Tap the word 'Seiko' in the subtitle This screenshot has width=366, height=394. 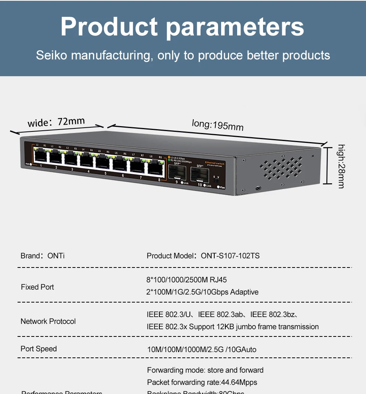click(51, 55)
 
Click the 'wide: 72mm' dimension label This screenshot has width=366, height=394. click(56, 122)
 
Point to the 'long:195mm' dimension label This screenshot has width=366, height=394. click(217, 124)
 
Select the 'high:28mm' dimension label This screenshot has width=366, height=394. click(341, 166)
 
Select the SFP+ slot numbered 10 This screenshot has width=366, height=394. click(199, 176)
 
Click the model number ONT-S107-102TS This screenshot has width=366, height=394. click(230, 256)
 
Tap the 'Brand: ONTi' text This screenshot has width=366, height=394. click(43, 256)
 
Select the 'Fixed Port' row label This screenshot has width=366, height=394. click(37, 287)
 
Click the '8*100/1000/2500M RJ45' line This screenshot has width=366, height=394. click(187, 280)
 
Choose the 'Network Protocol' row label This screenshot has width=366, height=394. click(48, 321)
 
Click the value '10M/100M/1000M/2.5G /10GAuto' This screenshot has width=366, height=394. click(202, 349)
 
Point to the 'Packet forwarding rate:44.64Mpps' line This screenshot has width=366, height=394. click(202, 382)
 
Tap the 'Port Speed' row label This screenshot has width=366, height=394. click(39, 349)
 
